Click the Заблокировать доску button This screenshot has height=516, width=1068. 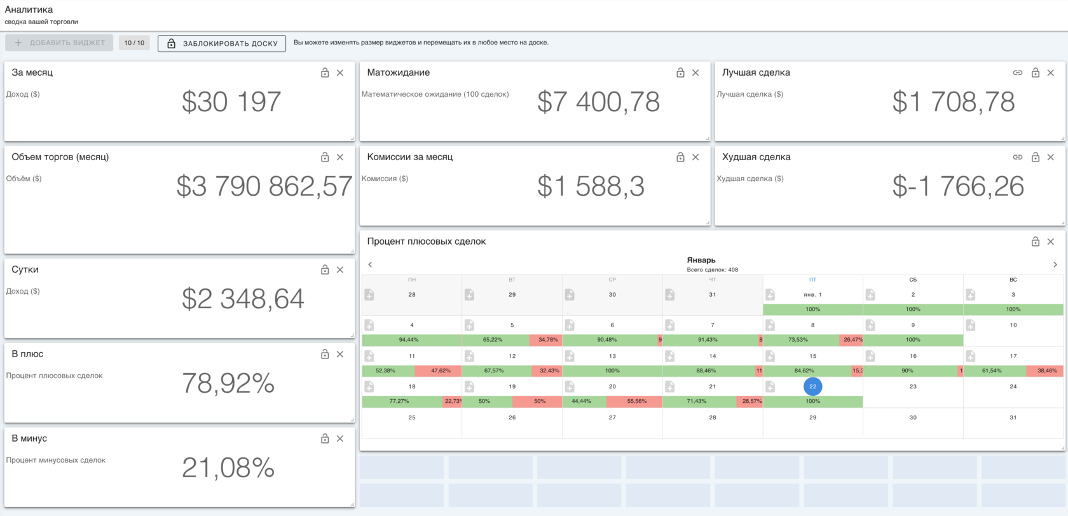click(222, 43)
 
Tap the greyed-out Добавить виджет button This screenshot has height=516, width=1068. click(59, 43)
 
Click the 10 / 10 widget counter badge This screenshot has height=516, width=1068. click(134, 43)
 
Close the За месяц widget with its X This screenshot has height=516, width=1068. click(340, 73)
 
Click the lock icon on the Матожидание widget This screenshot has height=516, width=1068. click(680, 73)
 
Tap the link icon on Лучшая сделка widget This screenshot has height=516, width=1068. click(1017, 73)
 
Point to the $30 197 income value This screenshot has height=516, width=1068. click(231, 102)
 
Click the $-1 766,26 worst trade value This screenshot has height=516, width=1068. click(958, 186)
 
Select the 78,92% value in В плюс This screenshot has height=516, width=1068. click(228, 383)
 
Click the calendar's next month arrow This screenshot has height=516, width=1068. click(1055, 264)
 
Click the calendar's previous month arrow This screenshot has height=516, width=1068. click(370, 264)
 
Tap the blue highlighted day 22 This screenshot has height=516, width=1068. click(812, 386)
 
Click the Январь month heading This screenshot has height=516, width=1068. click(701, 260)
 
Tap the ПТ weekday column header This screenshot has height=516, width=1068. click(812, 280)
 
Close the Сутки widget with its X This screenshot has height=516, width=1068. click(340, 269)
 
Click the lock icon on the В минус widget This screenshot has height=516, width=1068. click(325, 438)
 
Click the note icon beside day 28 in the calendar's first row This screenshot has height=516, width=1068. click(369, 295)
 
